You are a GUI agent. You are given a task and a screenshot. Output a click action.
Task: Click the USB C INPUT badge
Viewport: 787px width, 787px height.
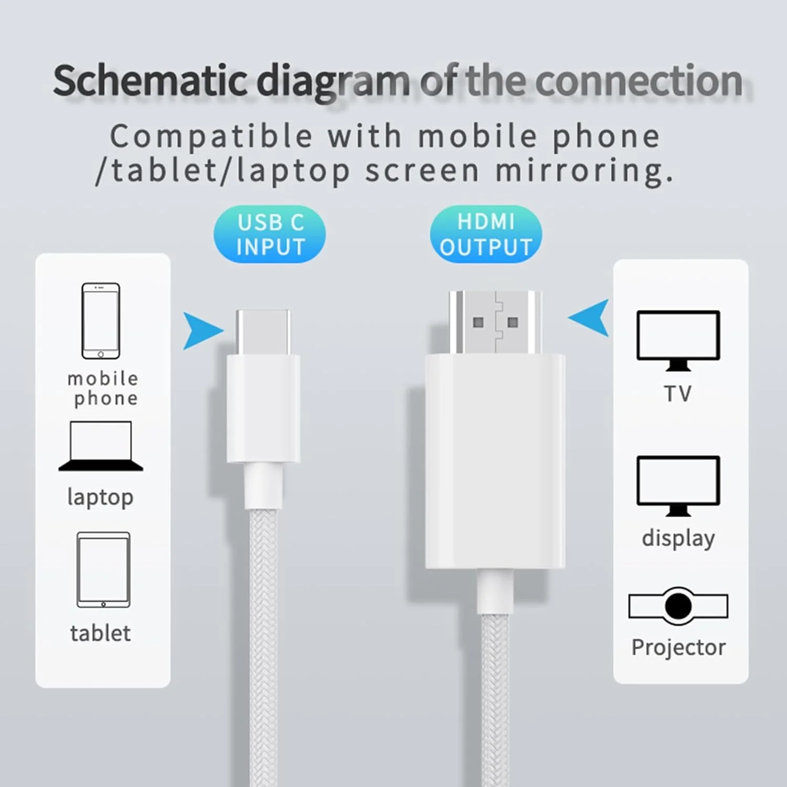[x=269, y=234]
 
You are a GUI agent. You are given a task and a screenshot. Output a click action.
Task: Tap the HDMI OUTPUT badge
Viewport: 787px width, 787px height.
[x=486, y=234]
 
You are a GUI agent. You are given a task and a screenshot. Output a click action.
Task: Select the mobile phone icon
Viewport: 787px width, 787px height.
[x=101, y=321]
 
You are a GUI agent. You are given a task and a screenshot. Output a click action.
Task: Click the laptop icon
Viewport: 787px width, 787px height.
[x=101, y=446]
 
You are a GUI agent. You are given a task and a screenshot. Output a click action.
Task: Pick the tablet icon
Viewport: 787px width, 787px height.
[x=103, y=570]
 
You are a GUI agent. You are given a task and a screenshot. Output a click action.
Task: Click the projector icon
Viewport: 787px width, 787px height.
[x=678, y=606]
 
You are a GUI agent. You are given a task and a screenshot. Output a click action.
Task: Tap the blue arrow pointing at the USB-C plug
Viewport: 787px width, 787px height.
[x=201, y=331]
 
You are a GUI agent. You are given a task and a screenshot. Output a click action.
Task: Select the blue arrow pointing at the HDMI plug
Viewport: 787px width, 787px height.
[x=591, y=317]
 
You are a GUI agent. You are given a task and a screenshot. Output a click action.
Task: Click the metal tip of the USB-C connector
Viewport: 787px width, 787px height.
[x=263, y=332]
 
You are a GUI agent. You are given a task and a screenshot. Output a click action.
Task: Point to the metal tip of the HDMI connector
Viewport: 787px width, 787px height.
[x=495, y=322]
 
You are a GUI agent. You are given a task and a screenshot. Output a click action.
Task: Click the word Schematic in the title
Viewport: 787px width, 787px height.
[x=150, y=81]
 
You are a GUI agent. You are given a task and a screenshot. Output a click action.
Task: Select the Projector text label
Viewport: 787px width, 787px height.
[x=678, y=647]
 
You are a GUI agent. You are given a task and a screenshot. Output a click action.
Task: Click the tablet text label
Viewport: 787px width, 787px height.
[x=100, y=633]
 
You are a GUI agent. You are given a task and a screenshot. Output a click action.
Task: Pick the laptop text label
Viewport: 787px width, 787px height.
[x=100, y=497]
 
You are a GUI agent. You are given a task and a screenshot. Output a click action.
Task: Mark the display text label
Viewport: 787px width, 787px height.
[x=678, y=538]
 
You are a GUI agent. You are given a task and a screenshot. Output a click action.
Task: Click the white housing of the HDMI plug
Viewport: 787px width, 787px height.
[x=495, y=462]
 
